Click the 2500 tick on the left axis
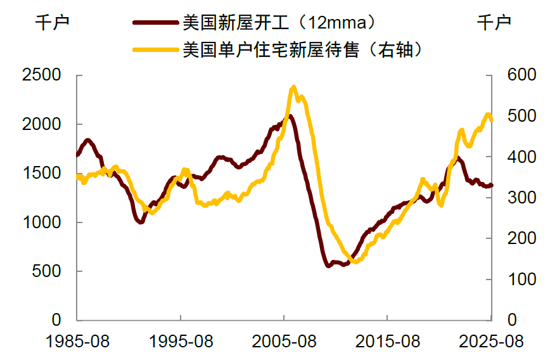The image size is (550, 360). tap(41, 75)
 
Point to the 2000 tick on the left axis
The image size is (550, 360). tap(41, 124)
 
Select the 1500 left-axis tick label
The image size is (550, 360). tap(41, 174)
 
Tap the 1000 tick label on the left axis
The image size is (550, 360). tap(41, 222)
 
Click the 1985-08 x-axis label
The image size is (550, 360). tap(77, 342)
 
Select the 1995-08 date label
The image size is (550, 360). tap(181, 342)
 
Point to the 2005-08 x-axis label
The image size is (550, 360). tap(285, 342)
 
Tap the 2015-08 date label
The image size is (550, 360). tap(388, 342)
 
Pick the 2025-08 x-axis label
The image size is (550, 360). tap(492, 342)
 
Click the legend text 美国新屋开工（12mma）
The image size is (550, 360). tap(279, 23)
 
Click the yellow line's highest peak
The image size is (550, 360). tap(293, 87)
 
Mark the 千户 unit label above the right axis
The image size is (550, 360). tap(494, 23)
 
